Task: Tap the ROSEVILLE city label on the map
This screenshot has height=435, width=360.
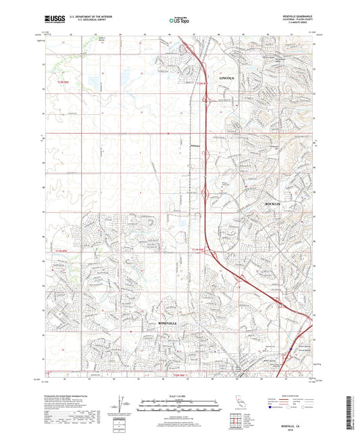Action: tap(166, 324)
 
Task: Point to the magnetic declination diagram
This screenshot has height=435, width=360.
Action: tap(120, 405)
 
